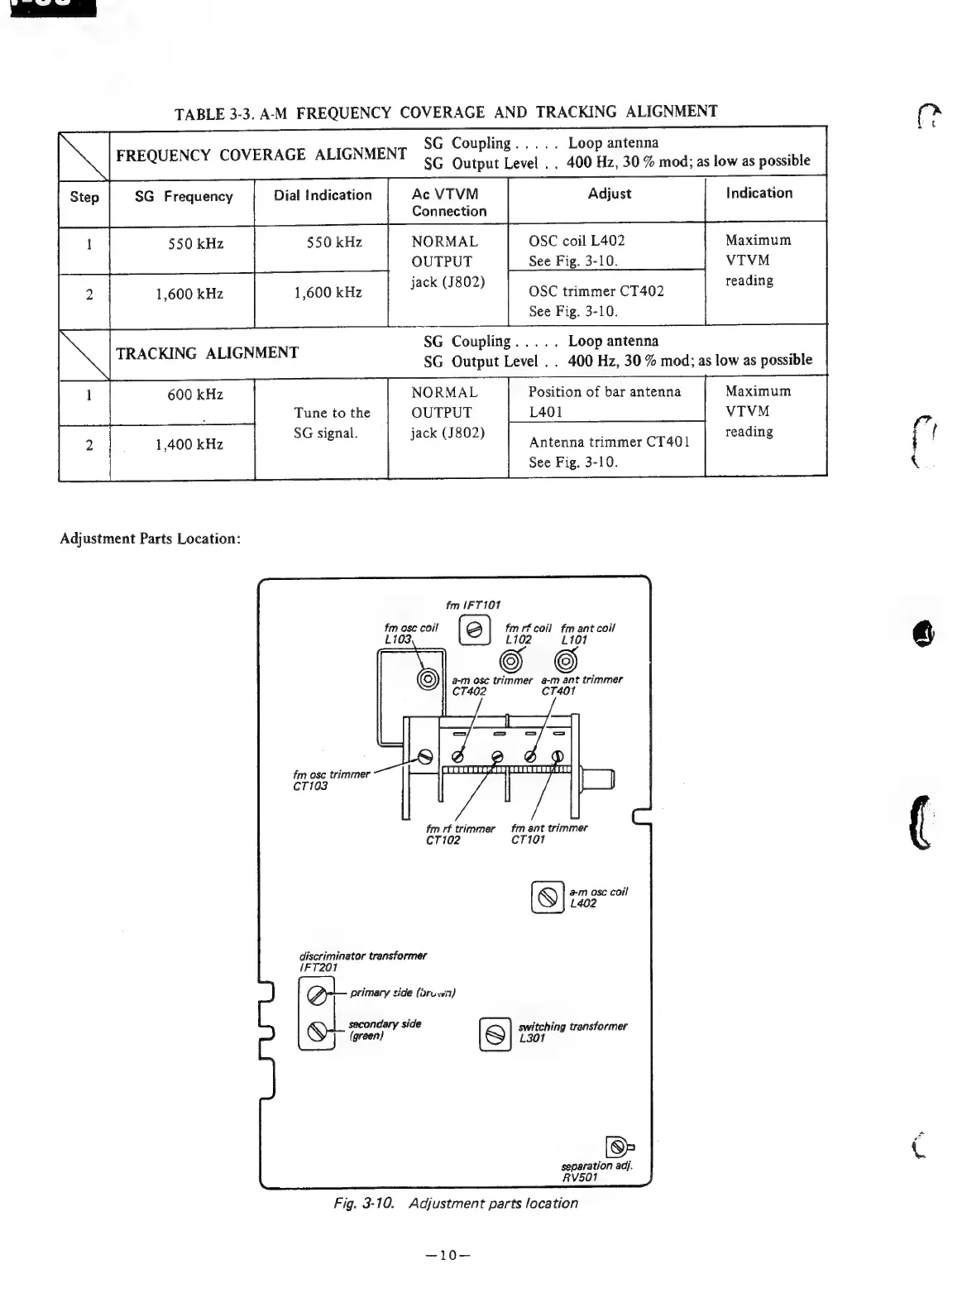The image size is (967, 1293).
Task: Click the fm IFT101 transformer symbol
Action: tap(475, 630)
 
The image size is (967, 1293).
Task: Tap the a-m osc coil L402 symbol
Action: tap(547, 897)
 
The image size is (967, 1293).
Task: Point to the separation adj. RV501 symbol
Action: tap(617, 1147)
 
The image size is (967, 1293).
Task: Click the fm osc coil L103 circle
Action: tap(428, 680)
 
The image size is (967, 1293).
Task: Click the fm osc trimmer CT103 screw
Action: tap(427, 756)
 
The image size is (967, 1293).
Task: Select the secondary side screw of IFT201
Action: tap(316, 1031)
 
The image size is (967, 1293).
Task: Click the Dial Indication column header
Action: tap(323, 195)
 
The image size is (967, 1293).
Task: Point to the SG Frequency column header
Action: tap(184, 197)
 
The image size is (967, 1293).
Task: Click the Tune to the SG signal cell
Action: tap(332, 423)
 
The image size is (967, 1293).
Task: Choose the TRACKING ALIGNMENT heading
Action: tap(207, 353)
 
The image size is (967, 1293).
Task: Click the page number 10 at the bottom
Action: tap(448, 1255)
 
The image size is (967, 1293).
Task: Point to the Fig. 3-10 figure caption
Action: tap(450, 1203)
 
